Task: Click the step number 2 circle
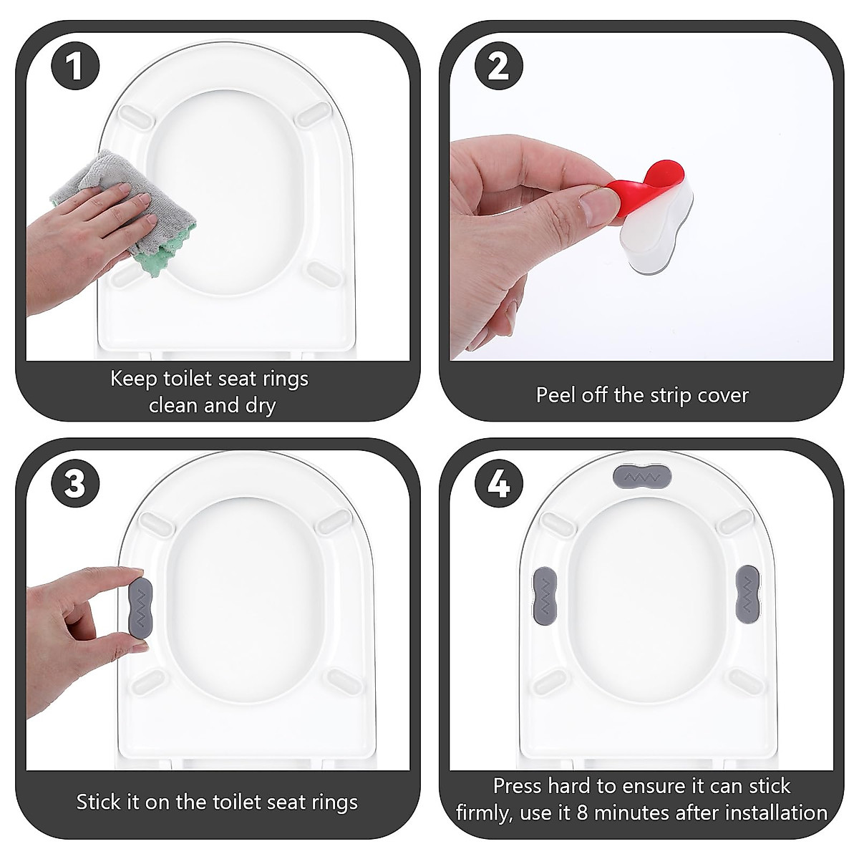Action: point(498,67)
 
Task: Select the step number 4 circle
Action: point(498,485)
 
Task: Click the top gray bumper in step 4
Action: point(642,476)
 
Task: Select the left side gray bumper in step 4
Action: point(545,591)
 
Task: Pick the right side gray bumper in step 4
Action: point(747,591)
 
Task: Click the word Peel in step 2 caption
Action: point(555,395)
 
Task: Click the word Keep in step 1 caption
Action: point(134,378)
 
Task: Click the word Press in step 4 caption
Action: point(518,786)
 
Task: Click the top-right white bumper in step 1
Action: point(314,113)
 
